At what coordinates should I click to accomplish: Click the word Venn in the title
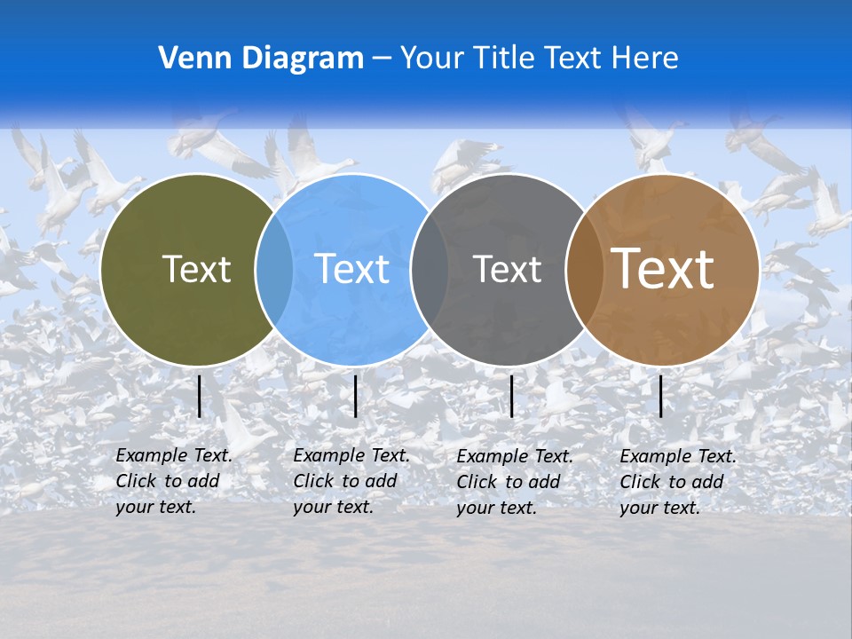[189, 59]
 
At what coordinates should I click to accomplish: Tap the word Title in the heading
[507, 59]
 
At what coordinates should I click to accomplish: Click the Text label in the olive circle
[197, 269]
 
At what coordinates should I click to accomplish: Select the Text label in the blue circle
[352, 269]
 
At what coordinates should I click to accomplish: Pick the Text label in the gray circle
[508, 269]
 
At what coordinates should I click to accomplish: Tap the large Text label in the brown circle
[663, 269]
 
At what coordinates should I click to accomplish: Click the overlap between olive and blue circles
[274, 270]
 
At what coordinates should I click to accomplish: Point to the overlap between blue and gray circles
[430, 270]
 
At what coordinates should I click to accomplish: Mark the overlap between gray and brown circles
[584, 270]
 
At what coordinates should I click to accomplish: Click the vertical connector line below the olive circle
[200, 396]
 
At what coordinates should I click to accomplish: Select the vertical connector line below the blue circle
[355, 396]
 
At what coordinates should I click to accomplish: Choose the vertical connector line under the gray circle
[511, 396]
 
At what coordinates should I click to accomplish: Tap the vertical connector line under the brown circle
[660, 396]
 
